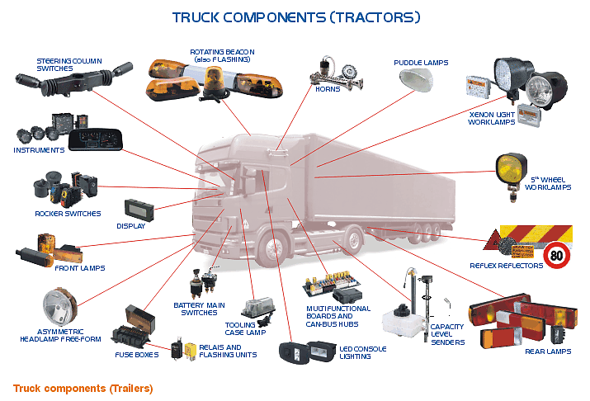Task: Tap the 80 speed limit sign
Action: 557,257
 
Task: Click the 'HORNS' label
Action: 328,88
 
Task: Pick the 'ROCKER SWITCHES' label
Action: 68,214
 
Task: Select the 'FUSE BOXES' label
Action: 136,355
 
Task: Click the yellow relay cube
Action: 191,349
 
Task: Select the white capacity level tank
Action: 400,318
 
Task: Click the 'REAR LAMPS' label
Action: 548,351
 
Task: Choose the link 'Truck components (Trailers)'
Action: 83,388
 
